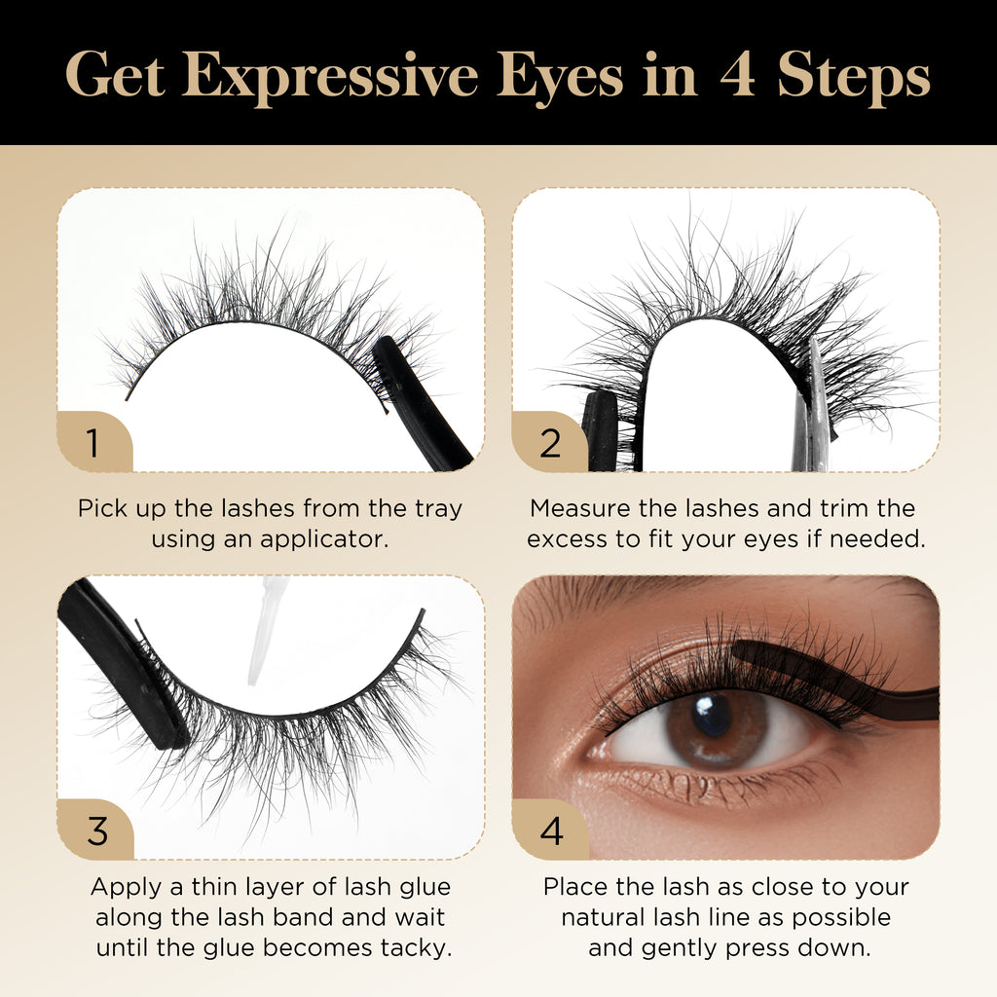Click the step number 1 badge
pyautogui.click(x=94, y=442)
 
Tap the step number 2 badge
pyautogui.click(x=550, y=442)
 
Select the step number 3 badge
pyautogui.click(x=96, y=830)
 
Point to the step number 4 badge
pyautogui.click(x=551, y=830)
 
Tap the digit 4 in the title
pyautogui.click(x=738, y=76)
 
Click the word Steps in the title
pyautogui.click(x=854, y=79)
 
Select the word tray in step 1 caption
pyautogui.click(x=438, y=509)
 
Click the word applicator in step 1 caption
pyautogui.click(x=323, y=539)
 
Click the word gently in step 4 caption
pyautogui.click(x=680, y=948)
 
